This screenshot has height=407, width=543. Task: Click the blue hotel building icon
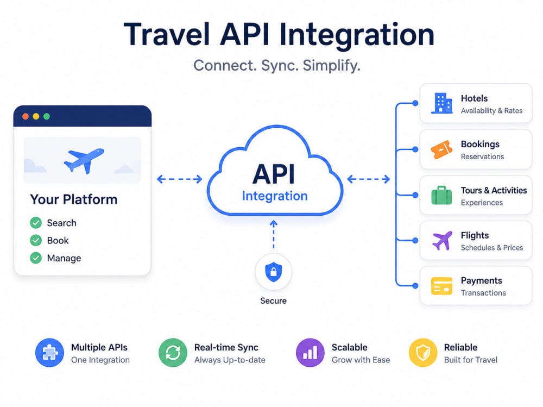pos(441,103)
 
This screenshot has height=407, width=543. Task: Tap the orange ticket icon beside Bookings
pos(441,149)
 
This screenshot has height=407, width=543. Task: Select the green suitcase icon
pos(441,195)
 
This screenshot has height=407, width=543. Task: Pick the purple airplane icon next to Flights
pos(442,241)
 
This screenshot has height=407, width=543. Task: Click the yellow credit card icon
pos(441,286)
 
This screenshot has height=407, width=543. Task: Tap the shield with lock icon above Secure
pos(274,272)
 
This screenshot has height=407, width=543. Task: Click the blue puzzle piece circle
pos(49,353)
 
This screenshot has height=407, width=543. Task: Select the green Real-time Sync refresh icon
pos(173,353)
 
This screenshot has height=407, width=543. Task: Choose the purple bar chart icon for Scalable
pos(310,353)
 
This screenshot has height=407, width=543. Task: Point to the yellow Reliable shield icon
pos(423,353)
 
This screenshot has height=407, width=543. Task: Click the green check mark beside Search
pos(36,223)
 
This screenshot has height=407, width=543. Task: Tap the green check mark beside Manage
pos(36,258)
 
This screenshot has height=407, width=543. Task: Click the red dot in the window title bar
pos(26,116)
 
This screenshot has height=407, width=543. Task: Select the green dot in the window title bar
pos(47,116)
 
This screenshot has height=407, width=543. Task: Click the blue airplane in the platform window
pos(84,160)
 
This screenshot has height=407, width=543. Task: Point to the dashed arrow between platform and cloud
pos(179,179)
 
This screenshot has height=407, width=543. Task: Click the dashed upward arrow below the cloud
pos(274,234)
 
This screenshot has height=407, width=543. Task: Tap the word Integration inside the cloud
pos(275,196)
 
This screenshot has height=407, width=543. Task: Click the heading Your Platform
pos(74,199)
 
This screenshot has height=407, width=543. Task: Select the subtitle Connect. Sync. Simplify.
pos(277,66)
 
